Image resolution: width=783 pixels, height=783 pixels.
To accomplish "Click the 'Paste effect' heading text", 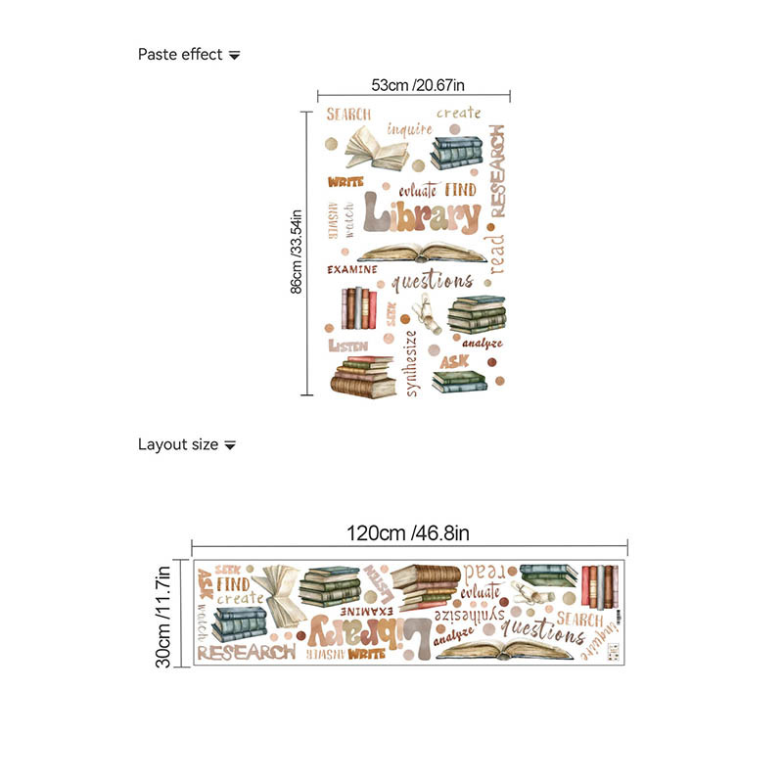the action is pos(180,55).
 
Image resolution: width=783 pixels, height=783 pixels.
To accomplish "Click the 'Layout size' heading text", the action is pos(177,444).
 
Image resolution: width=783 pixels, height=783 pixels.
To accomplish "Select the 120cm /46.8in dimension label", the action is pos(409,533).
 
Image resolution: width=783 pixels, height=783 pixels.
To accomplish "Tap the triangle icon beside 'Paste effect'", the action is pos(234,56).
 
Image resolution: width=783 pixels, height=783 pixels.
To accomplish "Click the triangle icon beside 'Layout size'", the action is pos(230,445).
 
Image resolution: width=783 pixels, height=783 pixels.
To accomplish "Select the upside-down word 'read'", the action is pos(487,572).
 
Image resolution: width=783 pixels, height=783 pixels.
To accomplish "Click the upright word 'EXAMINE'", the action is pos(351,269).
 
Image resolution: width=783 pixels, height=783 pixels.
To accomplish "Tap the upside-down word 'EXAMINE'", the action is pos(342,610).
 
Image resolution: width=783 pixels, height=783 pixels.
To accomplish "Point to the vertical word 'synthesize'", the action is pos(411,364).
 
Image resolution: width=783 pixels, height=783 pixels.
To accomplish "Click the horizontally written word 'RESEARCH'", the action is pos(246,651).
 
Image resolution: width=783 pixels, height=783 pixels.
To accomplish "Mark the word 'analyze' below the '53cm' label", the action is pos(483,344).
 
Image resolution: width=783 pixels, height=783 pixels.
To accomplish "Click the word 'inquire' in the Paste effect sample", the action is pos(409,128).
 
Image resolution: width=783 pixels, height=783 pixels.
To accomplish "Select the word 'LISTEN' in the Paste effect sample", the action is pos(347,345).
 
